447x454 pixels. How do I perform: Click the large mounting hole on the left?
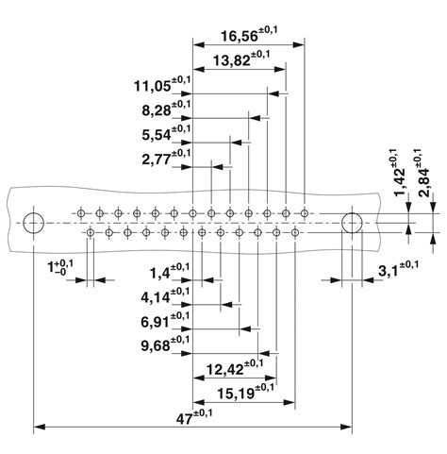[x=34, y=224]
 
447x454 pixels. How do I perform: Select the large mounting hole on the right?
[x=352, y=224]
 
